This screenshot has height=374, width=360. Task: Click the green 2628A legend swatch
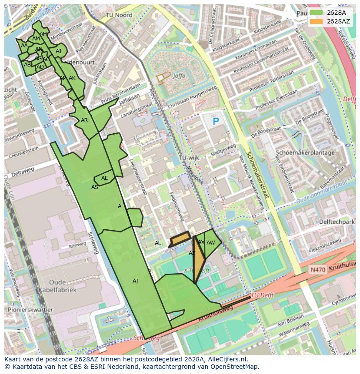pos(316,13)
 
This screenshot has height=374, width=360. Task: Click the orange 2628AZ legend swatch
pos(316,21)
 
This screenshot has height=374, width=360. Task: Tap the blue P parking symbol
pos(216,122)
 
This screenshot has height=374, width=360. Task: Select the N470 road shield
pos(317,270)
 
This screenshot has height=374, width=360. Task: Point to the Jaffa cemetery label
pos(179,75)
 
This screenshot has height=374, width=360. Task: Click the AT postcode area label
pos(136,281)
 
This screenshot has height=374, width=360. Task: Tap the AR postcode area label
pos(84,120)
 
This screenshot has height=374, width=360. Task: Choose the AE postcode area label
pos(105,178)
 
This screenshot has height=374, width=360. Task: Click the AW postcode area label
pos(210,243)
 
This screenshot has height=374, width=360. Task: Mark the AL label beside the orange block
pos(158,243)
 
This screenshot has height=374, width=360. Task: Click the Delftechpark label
pos(337,222)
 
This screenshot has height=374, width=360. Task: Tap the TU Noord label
pos(119,15)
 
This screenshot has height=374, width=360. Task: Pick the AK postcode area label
pos(72,78)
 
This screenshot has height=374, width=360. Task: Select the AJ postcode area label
pos(58,51)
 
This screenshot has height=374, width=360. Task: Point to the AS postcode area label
pos(95,187)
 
